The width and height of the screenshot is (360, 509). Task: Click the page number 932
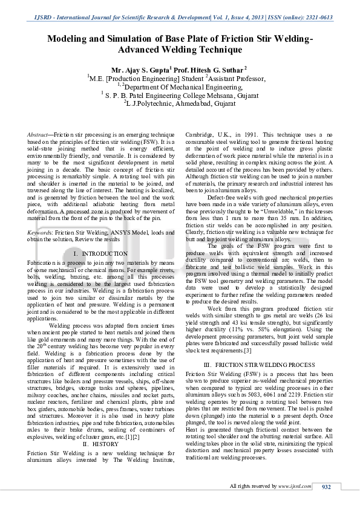[x=327, y=487]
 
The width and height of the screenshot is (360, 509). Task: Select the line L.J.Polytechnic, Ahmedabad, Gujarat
[x=180, y=103]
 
